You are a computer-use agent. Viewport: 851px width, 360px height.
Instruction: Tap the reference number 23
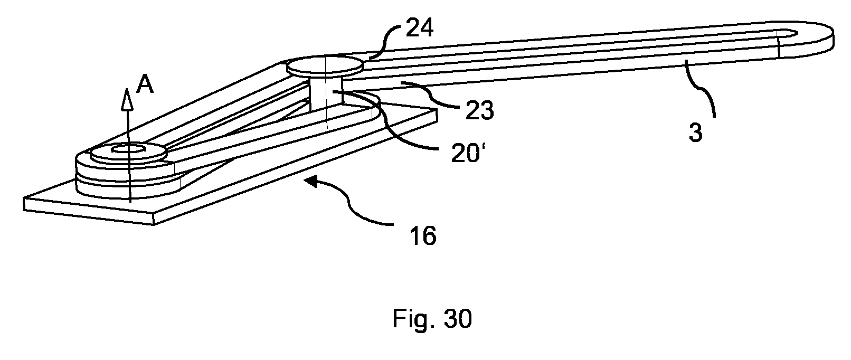click(479, 110)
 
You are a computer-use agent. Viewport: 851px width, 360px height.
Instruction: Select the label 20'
click(469, 154)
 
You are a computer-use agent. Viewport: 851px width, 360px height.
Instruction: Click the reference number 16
click(423, 235)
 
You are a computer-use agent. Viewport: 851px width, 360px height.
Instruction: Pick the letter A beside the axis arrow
click(145, 84)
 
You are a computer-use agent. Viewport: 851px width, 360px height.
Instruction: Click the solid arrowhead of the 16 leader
click(311, 182)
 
